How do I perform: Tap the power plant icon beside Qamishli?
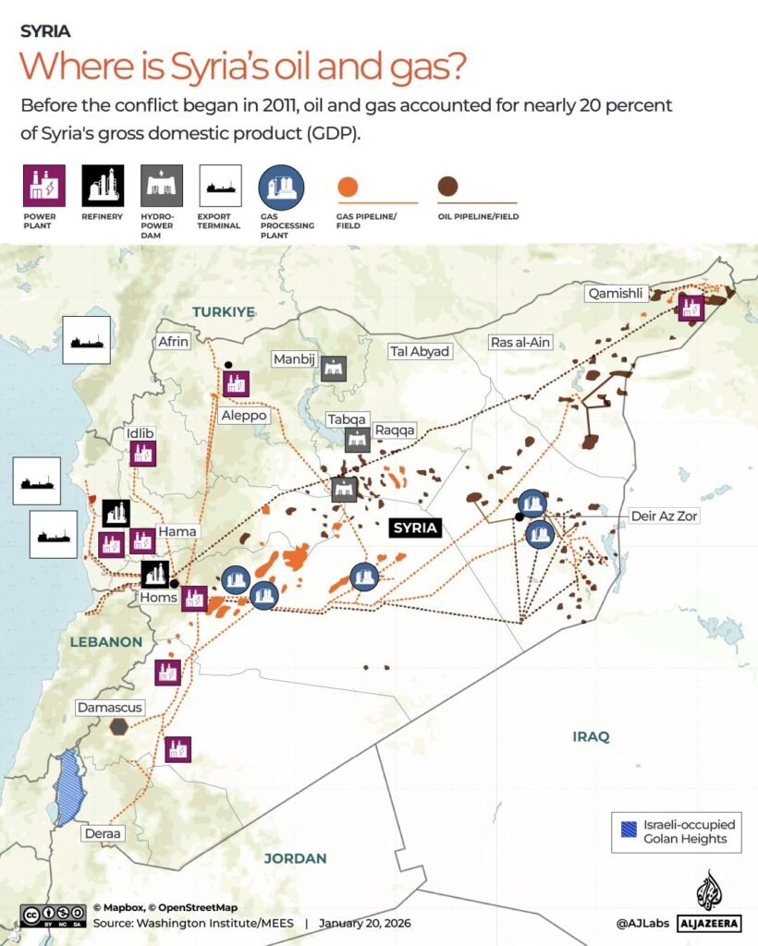point(691,308)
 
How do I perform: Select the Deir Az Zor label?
point(664,516)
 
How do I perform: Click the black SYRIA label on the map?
point(414,528)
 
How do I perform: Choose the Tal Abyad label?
point(420,351)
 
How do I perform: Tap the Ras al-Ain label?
point(520,343)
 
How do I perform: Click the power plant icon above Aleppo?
point(235,382)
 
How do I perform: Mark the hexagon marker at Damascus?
point(118,727)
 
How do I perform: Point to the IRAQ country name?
point(591,737)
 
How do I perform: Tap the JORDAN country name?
point(295,858)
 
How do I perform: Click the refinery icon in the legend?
point(102,186)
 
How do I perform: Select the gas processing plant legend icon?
point(281,187)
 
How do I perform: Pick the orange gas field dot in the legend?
point(348,188)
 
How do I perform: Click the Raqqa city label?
point(396,431)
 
